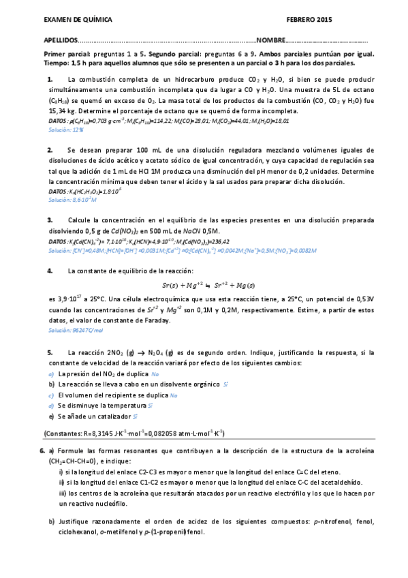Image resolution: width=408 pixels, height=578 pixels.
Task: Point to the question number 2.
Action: click(50, 149)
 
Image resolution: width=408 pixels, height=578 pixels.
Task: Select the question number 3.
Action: click(50, 220)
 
